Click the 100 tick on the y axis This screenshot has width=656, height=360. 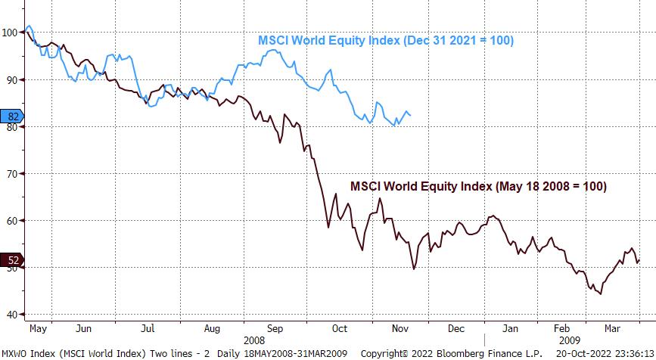[x=11, y=33]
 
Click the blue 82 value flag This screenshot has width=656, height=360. [x=13, y=116]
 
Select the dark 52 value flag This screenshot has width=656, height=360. [x=13, y=260]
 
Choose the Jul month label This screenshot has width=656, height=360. [x=148, y=329]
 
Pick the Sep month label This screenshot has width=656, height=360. [x=275, y=329]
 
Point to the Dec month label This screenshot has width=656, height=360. [x=456, y=329]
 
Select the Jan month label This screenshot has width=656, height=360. [x=511, y=329]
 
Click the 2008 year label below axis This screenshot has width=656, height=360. [x=255, y=340]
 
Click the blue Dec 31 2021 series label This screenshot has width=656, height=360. [x=386, y=41]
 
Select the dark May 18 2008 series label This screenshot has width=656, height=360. [x=478, y=186]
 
